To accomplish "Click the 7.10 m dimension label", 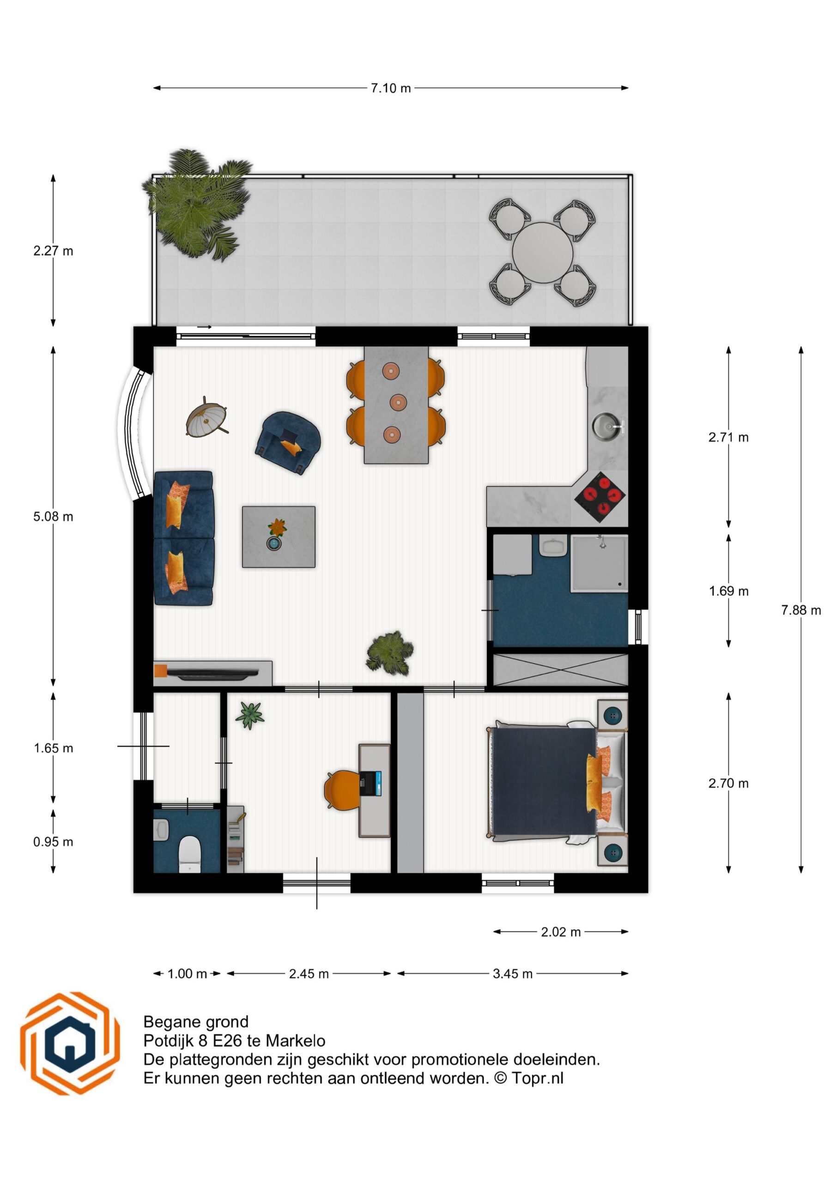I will [390, 88].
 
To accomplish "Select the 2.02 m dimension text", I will [560, 932].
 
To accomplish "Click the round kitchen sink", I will [606, 426].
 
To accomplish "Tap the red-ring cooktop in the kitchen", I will [600, 496].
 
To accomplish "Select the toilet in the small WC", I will [189, 856].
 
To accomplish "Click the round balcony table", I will [542, 253].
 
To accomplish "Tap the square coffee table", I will [279, 537].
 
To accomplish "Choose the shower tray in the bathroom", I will [599, 563].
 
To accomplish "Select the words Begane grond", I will [196, 1022].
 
